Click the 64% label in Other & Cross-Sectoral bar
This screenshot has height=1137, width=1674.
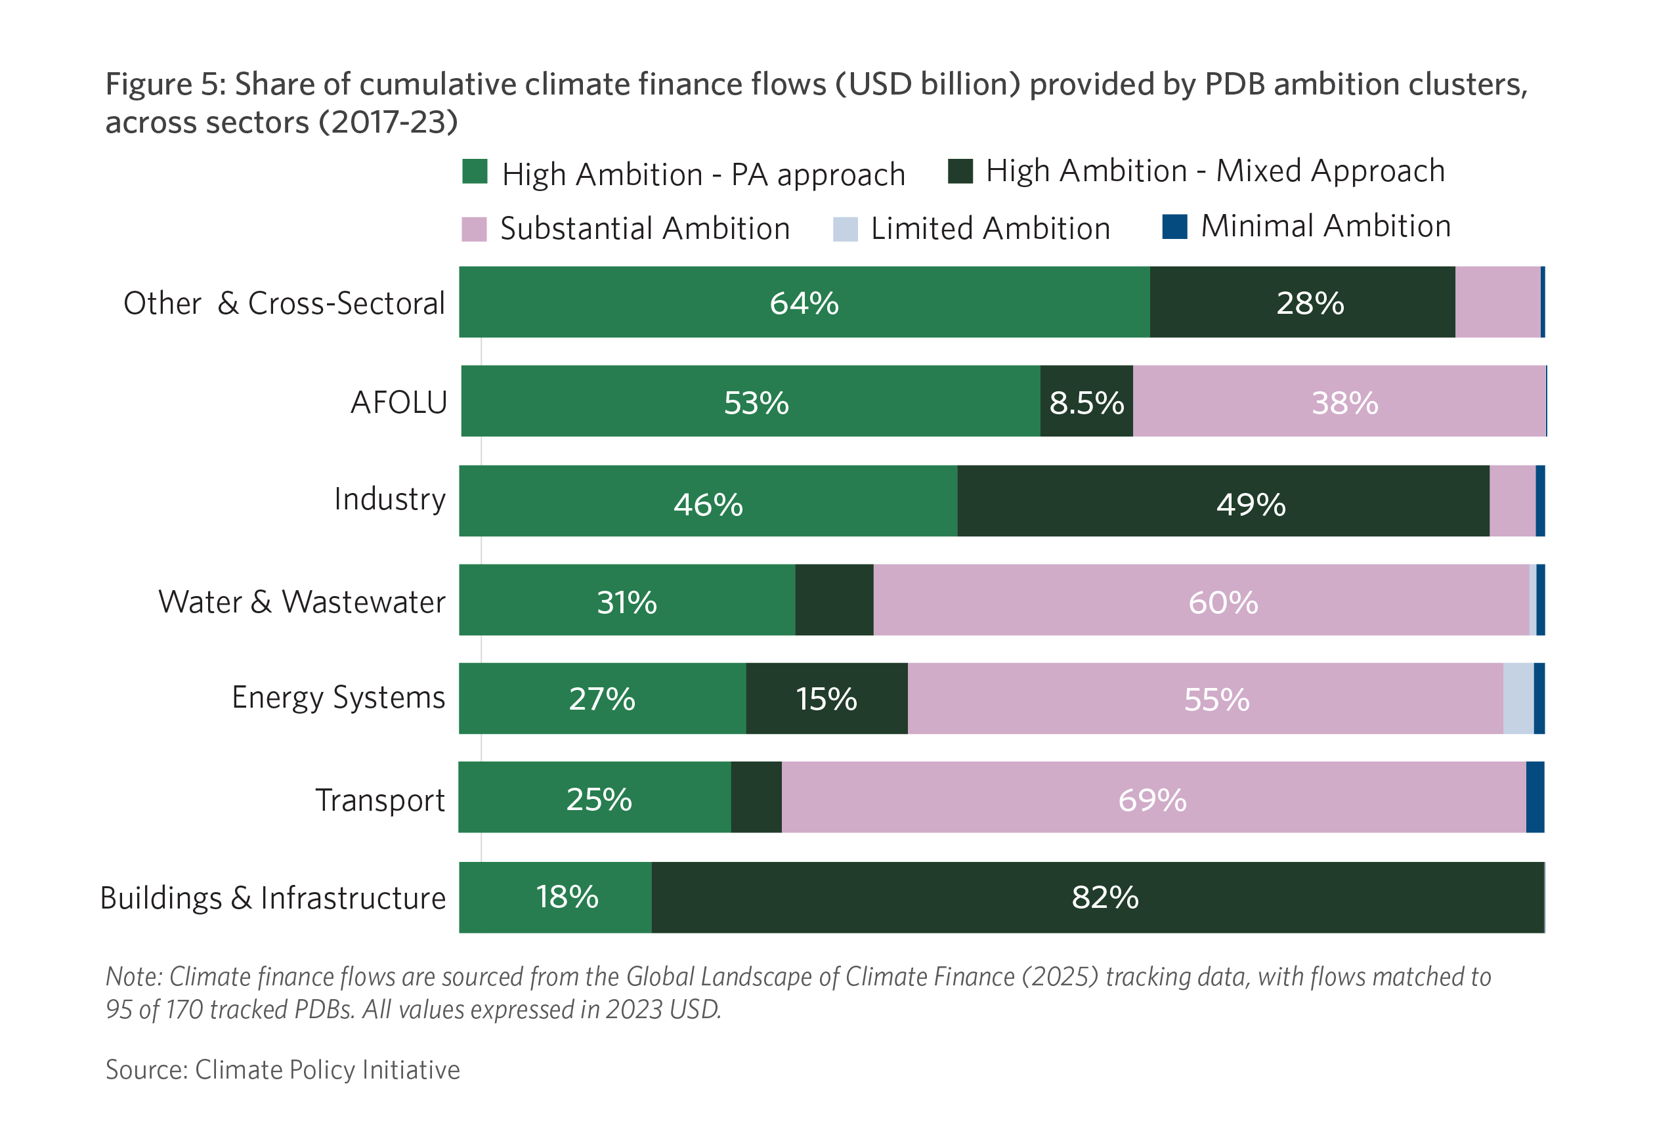click(804, 303)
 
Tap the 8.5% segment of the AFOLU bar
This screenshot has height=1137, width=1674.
click(1086, 402)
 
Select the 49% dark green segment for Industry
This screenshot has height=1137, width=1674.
click(1251, 504)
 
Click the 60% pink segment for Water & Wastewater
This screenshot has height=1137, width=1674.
click(1222, 601)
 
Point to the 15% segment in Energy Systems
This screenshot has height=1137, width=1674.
click(826, 699)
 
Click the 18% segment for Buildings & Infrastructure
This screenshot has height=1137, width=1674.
click(567, 897)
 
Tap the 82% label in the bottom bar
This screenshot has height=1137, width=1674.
click(1105, 897)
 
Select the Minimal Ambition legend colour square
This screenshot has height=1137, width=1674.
click(1175, 226)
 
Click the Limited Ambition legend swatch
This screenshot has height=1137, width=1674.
click(845, 229)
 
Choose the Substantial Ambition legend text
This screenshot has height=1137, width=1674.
click(645, 228)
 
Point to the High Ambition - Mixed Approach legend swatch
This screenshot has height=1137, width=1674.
click(960, 171)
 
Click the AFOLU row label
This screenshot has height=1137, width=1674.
click(398, 402)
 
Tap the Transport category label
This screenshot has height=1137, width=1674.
click(379, 800)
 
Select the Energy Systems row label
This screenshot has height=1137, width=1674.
click(338, 697)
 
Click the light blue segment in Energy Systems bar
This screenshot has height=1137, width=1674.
click(1518, 699)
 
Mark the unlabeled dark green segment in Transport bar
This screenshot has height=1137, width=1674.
click(756, 798)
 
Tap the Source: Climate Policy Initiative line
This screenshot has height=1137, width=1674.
click(282, 1070)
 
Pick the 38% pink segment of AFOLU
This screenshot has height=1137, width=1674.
click(1344, 402)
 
